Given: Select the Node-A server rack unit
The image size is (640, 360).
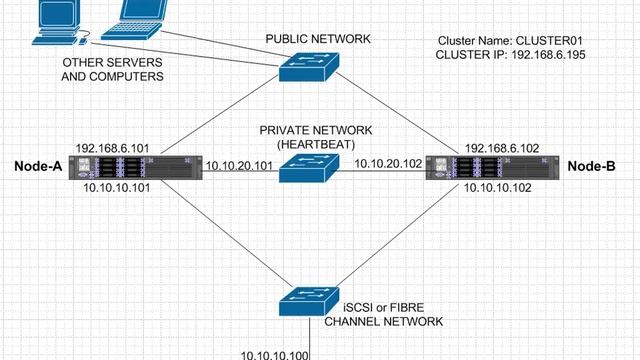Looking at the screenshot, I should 139,167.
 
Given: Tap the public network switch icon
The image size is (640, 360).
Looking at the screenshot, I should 310,68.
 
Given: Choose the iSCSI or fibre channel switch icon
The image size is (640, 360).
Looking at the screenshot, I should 311,298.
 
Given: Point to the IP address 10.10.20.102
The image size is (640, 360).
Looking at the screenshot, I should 389,162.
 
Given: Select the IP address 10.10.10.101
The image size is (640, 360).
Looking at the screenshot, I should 116,187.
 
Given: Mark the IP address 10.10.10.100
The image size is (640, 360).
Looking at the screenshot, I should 275,353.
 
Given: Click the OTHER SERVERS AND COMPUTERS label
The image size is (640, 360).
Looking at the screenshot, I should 113,69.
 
